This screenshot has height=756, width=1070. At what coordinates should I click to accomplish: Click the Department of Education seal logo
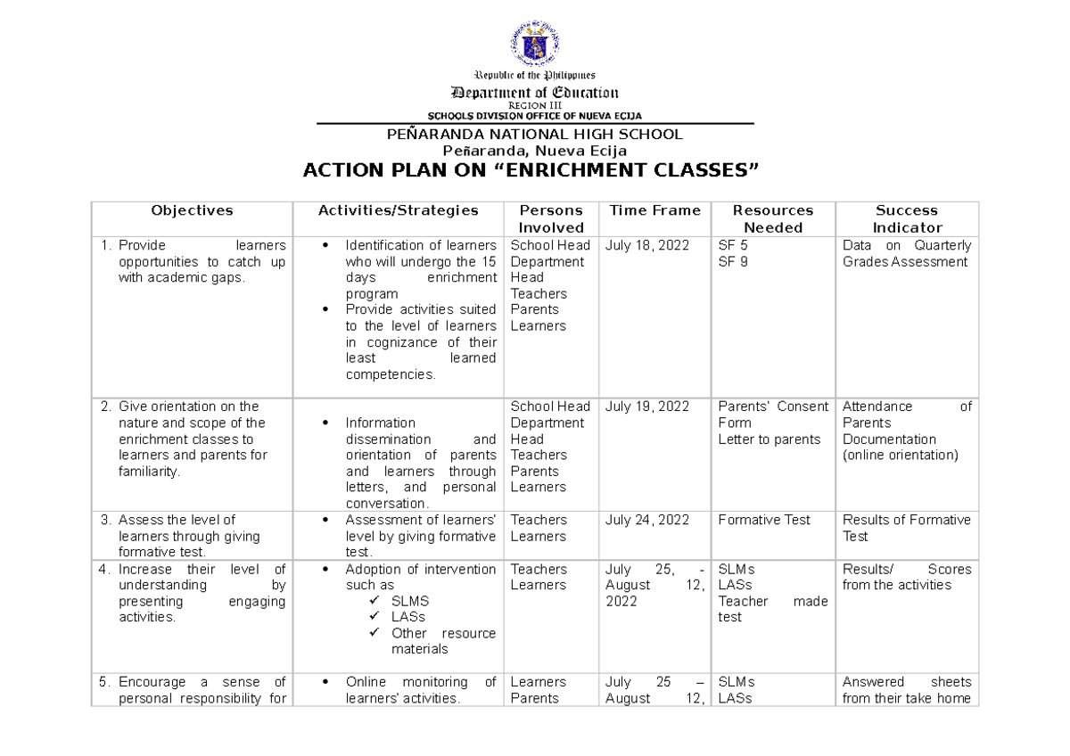click(x=535, y=44)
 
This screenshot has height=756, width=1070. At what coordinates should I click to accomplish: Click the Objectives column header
click(x=192, y=210)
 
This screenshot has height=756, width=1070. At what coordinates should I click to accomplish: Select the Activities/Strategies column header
click(x=398, y=210)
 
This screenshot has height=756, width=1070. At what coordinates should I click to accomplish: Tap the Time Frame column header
click(x=654, y=210)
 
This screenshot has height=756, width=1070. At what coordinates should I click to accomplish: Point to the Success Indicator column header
click(x=906, y=218)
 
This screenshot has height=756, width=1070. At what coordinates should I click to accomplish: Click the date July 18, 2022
click(x=646, y=245)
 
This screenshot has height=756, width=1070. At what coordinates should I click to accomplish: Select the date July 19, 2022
click(x=646, y=407)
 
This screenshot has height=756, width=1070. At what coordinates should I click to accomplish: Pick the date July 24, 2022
click(x=646, y=520)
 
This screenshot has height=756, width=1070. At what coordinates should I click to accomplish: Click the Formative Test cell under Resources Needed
click(x=764, y=520)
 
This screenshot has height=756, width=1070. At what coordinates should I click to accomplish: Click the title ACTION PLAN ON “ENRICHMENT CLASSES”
click(x=535, y=170)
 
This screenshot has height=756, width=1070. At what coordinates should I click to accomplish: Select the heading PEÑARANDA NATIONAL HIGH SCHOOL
click(x=535, y=135)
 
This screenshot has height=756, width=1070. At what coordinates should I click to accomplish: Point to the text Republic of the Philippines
click(x=535, y=76)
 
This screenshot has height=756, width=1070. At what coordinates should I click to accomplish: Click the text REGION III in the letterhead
click(x=535, y=105)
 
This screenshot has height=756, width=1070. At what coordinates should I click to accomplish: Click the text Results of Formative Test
click(x=906, y=528)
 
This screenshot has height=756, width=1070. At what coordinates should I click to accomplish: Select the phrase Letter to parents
click(x=769, y=439)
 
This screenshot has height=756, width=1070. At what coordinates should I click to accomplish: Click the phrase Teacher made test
click(x=772, y=609)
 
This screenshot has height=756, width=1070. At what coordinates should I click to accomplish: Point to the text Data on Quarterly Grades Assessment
click(x=906, y=253)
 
